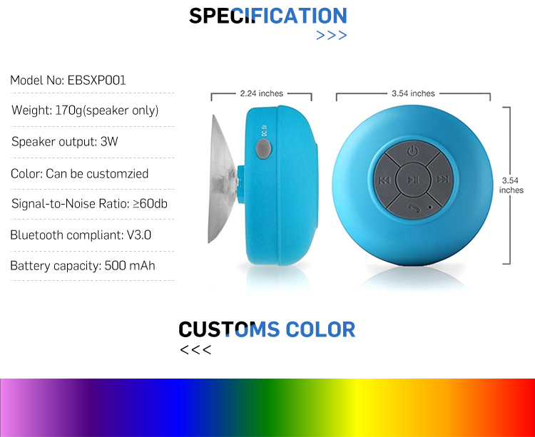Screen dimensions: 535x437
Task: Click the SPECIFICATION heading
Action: click(268, 16)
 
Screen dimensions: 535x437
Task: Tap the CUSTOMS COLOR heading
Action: click(267, 329)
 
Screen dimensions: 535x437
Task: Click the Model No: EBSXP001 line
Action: click(68, 81)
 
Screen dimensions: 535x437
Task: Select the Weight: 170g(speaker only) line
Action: click(85, 110)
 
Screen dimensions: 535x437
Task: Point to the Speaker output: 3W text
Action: click(65, 141)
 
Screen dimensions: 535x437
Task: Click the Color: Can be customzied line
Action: click(79, 173)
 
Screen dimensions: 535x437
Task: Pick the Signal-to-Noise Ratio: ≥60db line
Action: click(89, 203)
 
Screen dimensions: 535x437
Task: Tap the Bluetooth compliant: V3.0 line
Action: click(81, 235)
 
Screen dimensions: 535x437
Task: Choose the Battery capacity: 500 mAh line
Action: click(83, 265)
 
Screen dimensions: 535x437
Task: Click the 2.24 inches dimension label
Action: click(262, 93)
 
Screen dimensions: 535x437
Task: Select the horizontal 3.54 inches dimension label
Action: click(413, 93)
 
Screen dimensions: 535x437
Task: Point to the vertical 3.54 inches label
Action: click(511, 185)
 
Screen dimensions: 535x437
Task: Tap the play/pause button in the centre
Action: click(413, 180)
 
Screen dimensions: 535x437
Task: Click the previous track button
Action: click(384, 180)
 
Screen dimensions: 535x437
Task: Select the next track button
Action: click(442, 180)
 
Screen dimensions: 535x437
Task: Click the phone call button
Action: click(414, 207)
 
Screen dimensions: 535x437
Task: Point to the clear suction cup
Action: click(221, 180)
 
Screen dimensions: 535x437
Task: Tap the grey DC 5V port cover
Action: click(263, 149)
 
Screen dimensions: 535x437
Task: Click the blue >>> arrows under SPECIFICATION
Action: click(331, 35)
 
